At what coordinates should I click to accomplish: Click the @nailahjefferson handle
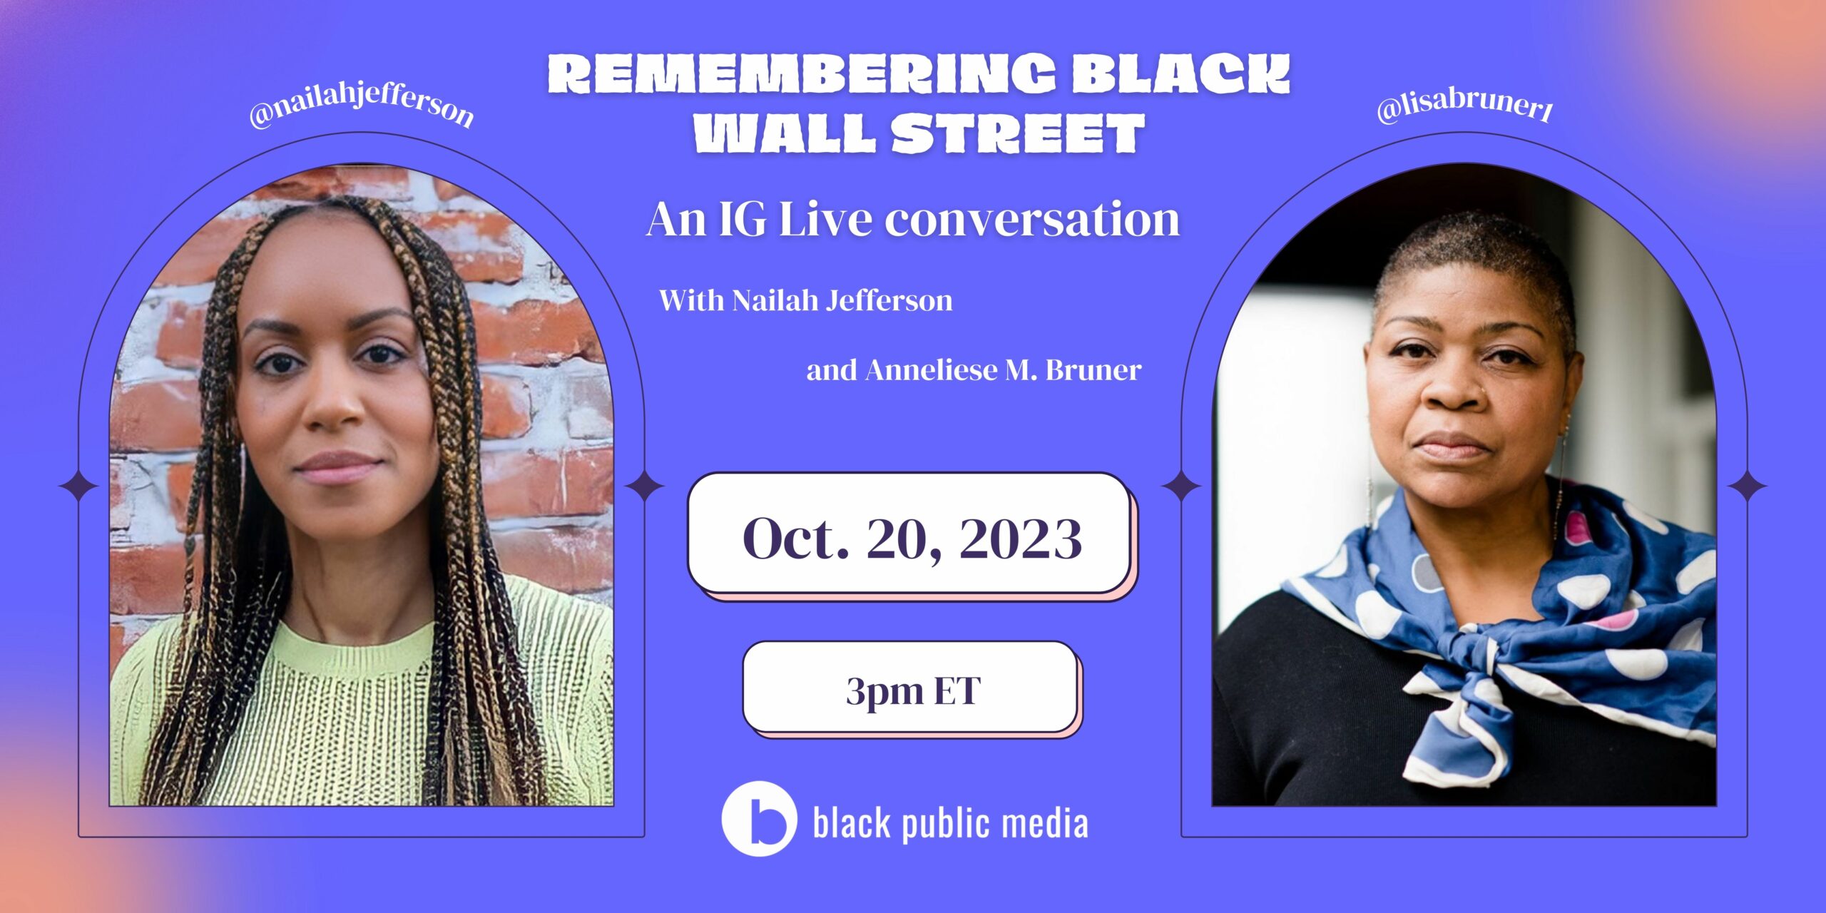[x=361, y=108]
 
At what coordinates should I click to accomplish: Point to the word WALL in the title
[x=785, y=133]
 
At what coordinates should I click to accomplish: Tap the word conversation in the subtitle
[x=1032, y=219]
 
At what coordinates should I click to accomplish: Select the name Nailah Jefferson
[x=842, y=300]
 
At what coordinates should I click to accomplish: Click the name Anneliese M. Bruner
[x=1004, y=370]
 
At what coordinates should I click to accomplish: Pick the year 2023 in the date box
[x=1021, y=539]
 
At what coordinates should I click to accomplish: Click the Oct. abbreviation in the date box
[x=796, y=539]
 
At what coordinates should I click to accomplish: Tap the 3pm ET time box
[x=911, y=688]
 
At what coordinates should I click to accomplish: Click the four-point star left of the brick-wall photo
[x=78, y=487]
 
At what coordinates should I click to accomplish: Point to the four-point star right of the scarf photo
[x=1747, y=487]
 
